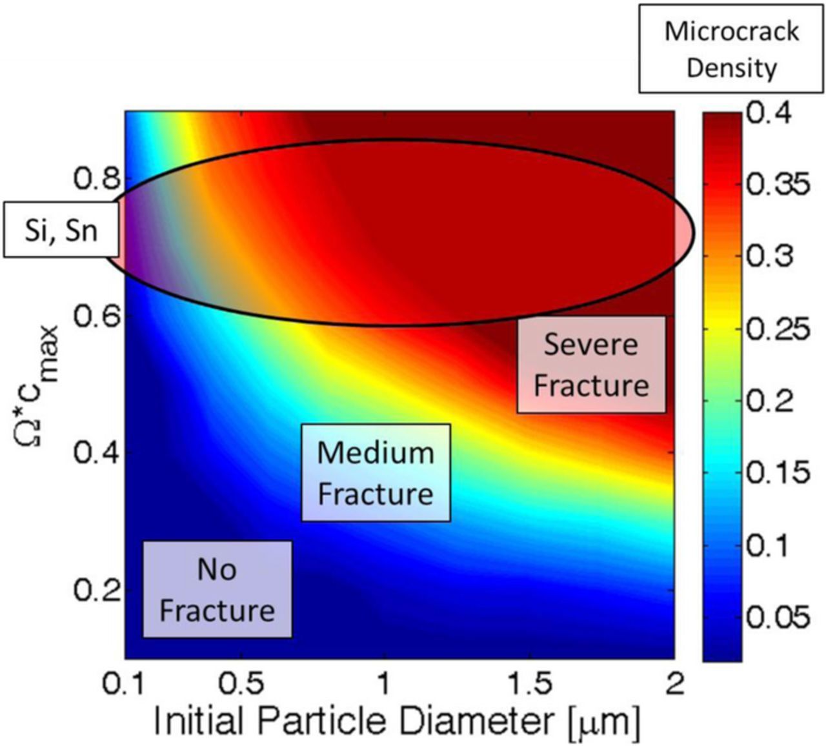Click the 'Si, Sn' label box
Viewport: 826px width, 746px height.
[61, 230]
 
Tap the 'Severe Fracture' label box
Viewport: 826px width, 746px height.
[590, 365]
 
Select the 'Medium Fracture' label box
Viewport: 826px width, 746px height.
[376, 472]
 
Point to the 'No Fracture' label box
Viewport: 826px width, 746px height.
[217, 589]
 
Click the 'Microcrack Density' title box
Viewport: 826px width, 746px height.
[731, 49]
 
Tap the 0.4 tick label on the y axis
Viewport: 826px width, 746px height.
[96, 453]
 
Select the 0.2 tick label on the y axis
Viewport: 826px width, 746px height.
[96, 590]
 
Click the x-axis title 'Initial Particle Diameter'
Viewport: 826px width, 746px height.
[396, 721]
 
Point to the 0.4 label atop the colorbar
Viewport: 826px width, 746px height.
[768, 114]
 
